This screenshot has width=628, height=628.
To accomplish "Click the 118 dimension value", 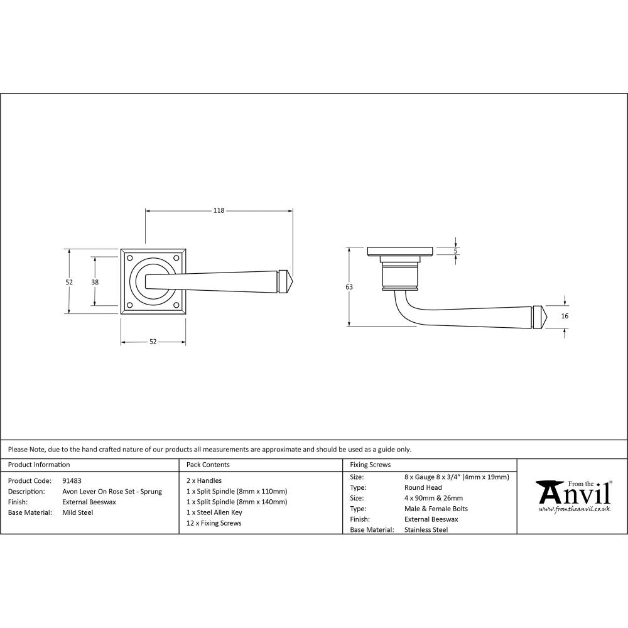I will coord(219,210).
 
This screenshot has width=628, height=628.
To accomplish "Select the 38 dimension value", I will coord(95,282).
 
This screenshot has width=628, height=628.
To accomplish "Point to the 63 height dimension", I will coord(349,287).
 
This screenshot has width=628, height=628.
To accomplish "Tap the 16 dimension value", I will coord(565,316).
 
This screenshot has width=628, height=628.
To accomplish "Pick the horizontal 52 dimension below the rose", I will coord(153,342).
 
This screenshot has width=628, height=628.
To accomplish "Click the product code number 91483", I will coord(72,480).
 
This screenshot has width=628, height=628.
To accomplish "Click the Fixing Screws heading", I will coord(370,465).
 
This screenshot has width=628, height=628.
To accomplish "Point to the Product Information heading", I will coord(39,465).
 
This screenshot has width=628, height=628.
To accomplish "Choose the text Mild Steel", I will coord(77,512).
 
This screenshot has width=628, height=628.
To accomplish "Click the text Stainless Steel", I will coord(426,530).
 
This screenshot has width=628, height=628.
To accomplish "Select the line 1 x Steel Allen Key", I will coord(214,512).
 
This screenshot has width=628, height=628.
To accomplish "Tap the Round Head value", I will coord(423,487).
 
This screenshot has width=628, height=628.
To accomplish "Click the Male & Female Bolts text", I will coord(436,509).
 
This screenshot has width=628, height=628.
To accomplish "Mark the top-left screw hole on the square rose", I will coord(130,257).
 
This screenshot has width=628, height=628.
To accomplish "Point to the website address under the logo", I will coord(574,510).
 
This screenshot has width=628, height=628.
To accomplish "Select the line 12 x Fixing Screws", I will coord(214,523).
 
